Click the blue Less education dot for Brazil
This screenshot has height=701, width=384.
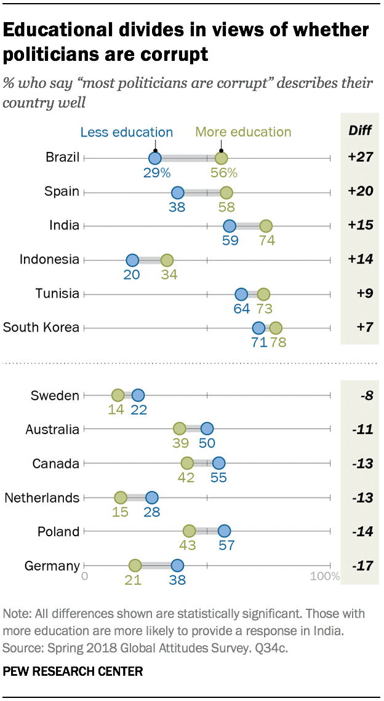tap(155, 158)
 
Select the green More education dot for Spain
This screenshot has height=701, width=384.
tap(226, 192)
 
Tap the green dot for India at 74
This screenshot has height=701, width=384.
tap(266, 226)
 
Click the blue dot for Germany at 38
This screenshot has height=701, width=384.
tap(177, 566)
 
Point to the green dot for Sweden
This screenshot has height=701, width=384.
tap(118, 395)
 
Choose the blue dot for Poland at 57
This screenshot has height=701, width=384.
tap(224, 531)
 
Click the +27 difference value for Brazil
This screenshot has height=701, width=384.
tap(359, 157)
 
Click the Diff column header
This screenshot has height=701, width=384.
tap(359, 130)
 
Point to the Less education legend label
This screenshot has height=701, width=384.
tap(127, 132)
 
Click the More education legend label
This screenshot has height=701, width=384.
tap(243, 132)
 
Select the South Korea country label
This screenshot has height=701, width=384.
tap(41, 327)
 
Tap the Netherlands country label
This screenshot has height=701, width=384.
tap(42, 497)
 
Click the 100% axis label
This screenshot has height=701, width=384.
tap(325, 577)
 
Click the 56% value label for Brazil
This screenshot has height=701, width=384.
tap(224, 173)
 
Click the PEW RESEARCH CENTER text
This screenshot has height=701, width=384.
tap(73, 671)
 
